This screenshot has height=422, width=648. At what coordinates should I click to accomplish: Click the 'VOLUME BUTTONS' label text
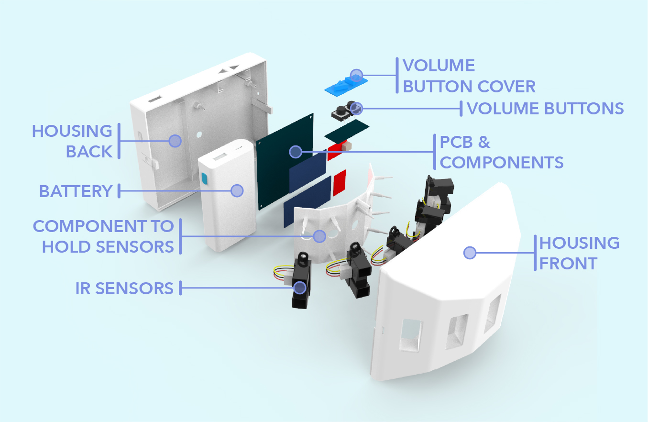pyautogui.click(x=545, y=109)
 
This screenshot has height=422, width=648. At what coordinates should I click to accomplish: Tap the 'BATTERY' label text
pyautogui.click(x=76, y=191)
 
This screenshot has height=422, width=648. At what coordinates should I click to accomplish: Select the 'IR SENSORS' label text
pyautogui.click(x=124, y=289)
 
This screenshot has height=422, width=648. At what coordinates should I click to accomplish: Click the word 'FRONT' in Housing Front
pyautogui.click(x=568, y=263)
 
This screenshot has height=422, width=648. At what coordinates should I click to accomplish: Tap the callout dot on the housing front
pyautogui.click(x=470, y=253)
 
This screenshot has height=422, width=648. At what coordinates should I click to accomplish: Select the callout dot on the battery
pyautogui.click(x=237, y=190)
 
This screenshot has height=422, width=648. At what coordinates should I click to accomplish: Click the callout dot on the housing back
pyautogui.click(x=175, y=141)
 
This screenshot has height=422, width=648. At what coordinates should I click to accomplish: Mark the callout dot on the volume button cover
pyautogui.click(x=356, y=75)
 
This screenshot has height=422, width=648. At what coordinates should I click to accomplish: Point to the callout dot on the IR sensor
pyautogui.click(x=300, y=287)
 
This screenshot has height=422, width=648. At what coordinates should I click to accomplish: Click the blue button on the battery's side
pyautogui.click(x=205, y=178)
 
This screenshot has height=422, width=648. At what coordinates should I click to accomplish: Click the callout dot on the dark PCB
pyautogui.click(x=296, y=152)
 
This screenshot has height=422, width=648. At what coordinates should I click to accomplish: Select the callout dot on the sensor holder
pyautogui.click(x=319, y=235)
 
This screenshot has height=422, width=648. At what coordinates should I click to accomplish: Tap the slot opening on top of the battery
pyautogui.click(x=220, y=156)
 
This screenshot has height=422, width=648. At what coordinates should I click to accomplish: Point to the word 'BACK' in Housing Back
pyautogui.click(x=89, y=152)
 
